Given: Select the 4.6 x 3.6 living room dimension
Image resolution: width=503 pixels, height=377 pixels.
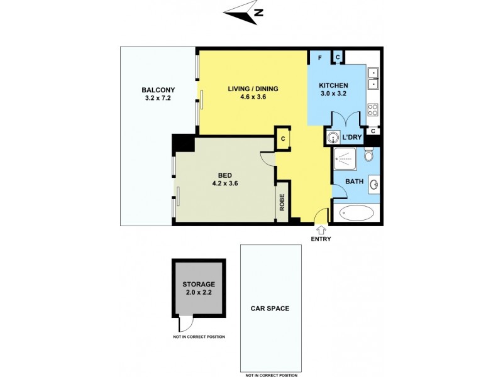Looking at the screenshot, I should point(253,98).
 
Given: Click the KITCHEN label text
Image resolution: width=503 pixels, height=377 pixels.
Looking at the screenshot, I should point(333,85).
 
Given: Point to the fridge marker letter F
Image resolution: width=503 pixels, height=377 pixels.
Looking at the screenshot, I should point(320,58).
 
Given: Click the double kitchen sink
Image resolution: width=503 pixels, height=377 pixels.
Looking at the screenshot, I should point(373,77).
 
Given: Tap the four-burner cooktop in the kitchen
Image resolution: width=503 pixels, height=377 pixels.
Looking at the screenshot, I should point(372,109).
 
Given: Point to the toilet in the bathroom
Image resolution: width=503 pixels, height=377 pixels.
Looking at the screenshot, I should point(369,155).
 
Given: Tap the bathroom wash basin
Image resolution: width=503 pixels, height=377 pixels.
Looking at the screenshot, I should point(374,185).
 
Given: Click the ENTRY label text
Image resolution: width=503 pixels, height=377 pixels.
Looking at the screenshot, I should point(320,239).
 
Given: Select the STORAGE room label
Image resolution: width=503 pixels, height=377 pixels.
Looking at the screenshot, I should point(199,284).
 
